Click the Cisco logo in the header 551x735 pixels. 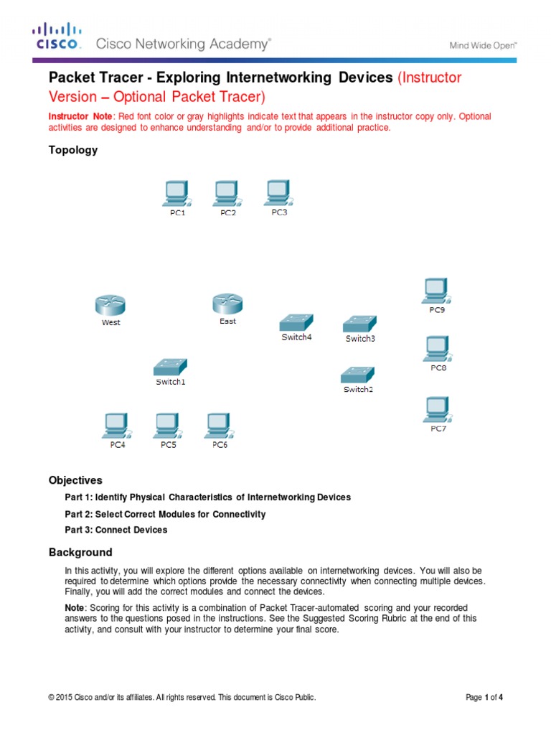click(57, 37)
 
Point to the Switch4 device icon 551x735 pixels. click(296, 322)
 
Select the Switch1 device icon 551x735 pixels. click(170, 367)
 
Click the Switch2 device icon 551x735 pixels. click(357, 374)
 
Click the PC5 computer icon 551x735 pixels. click(168, 426)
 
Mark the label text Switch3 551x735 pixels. click(359, 339)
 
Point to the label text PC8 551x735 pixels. click(438, 367)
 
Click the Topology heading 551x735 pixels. click(72, 150)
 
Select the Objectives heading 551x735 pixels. click(75, 480)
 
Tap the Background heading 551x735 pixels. click(80, 553)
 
